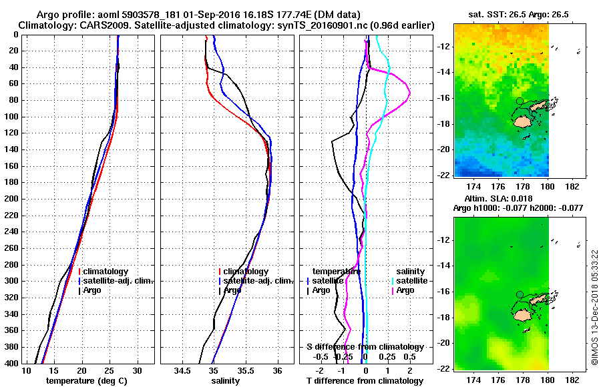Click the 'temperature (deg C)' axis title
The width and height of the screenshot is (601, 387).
pos(83,380)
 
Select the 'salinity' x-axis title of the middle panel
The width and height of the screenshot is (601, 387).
pos(225,380)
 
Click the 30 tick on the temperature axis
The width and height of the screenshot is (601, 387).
pos(137,370)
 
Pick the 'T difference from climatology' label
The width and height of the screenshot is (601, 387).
pos(365,380)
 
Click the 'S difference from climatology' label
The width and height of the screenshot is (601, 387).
pos(365,347)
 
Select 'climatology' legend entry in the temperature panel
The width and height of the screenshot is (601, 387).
pos(106,272)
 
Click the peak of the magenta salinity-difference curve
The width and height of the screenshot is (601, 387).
pos(409,92)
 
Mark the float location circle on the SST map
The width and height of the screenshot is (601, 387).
pos(520,101)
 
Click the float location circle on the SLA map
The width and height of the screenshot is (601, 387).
pos(520,294)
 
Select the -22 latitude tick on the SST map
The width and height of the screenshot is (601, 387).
pos(444,175)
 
